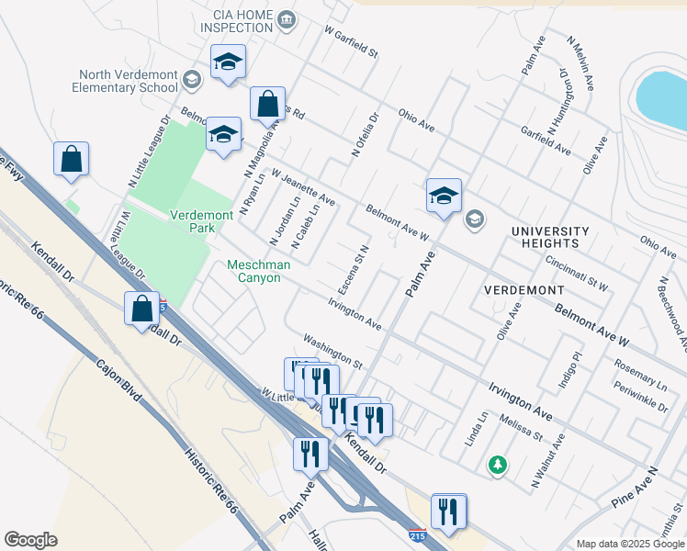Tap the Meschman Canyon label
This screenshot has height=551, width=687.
click(x=258, y=272)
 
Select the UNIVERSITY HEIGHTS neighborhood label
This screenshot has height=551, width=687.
click(x=550, y=237)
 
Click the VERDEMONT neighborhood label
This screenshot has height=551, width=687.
click(x=524, y=290)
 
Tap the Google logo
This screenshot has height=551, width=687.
click(x=30, y=540)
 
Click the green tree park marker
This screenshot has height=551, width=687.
click(x=498, y=466)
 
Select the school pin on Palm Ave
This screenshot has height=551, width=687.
click(x=444, y=197)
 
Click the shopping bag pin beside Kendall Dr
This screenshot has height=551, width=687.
click(x=142, y=309)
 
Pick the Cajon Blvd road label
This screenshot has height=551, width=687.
click(x=118, y=381)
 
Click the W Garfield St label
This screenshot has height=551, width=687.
click(x=351, y=41)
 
